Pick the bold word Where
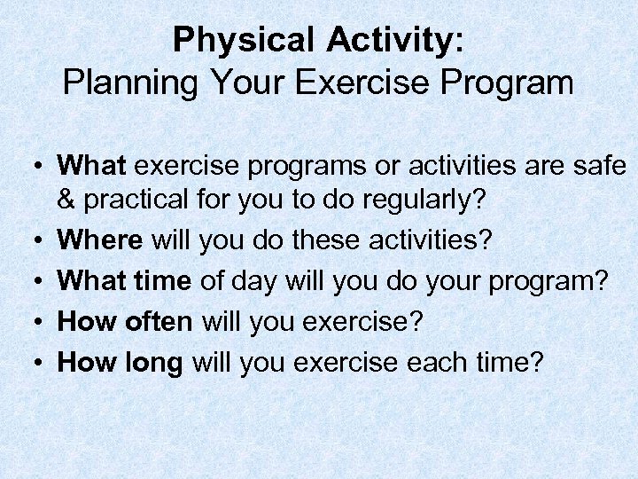tap(100, 240)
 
